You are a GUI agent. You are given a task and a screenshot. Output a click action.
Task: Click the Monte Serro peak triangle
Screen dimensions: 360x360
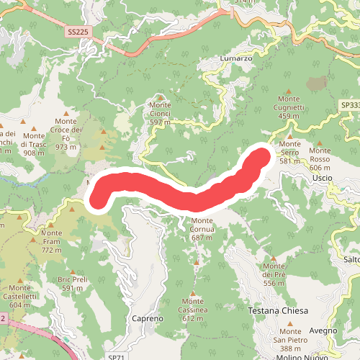click(289, 135)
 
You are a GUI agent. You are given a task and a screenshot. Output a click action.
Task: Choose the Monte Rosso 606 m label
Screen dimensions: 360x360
click(320, 154)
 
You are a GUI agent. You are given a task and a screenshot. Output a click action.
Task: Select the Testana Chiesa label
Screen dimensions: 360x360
click(278, 311)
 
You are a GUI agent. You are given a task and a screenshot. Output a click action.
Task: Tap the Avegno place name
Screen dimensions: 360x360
click(324, 330)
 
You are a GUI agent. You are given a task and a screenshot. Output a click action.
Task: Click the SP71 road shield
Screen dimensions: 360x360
click(116, 356)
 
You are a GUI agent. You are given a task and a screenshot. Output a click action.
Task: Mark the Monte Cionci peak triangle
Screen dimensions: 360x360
click(160, 96)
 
